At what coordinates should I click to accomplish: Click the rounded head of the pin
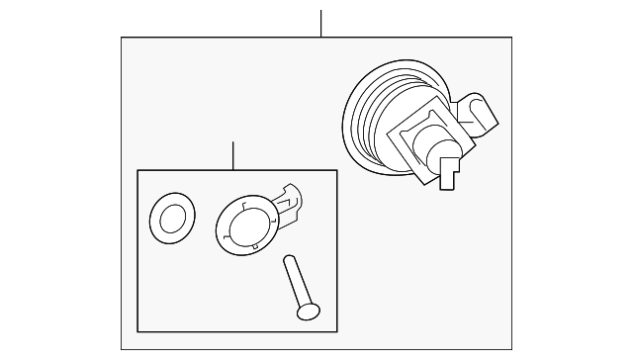pos(308,312)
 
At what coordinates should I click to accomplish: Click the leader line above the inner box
pos(232,155)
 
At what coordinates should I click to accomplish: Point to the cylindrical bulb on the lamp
pos(439,144)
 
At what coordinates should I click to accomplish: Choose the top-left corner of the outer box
pos(122,38)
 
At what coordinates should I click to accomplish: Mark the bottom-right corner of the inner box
pos(337,331)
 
